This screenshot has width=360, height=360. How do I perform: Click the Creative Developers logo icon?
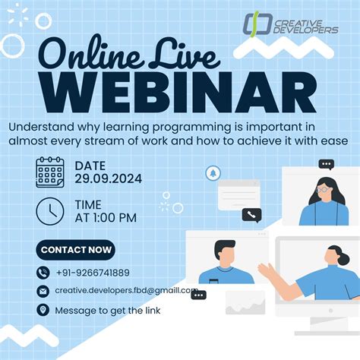point(257,24)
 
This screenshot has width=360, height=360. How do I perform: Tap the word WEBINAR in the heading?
point(179,92)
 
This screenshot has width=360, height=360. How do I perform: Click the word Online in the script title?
point(90,54)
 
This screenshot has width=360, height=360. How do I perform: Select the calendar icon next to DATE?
point(50,172)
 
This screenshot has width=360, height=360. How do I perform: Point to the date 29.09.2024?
point(108,178)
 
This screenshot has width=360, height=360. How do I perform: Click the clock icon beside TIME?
point(50,211)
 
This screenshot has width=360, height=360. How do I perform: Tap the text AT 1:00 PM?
point(106,218)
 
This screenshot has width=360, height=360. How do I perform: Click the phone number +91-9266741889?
point(93,273)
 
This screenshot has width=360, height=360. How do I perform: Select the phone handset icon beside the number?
point(43,273)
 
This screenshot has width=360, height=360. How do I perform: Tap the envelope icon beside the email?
point(43,292)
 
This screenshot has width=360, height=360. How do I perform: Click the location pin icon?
point(43,310)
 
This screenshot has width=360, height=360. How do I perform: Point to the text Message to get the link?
point(108,311)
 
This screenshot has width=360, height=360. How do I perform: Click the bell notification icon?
point(213,173)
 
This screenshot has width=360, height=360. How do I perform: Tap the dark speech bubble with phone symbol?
point(251,215)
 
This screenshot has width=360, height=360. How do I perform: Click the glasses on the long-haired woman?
point(323,189)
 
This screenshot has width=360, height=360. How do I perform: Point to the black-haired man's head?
point(225,253)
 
